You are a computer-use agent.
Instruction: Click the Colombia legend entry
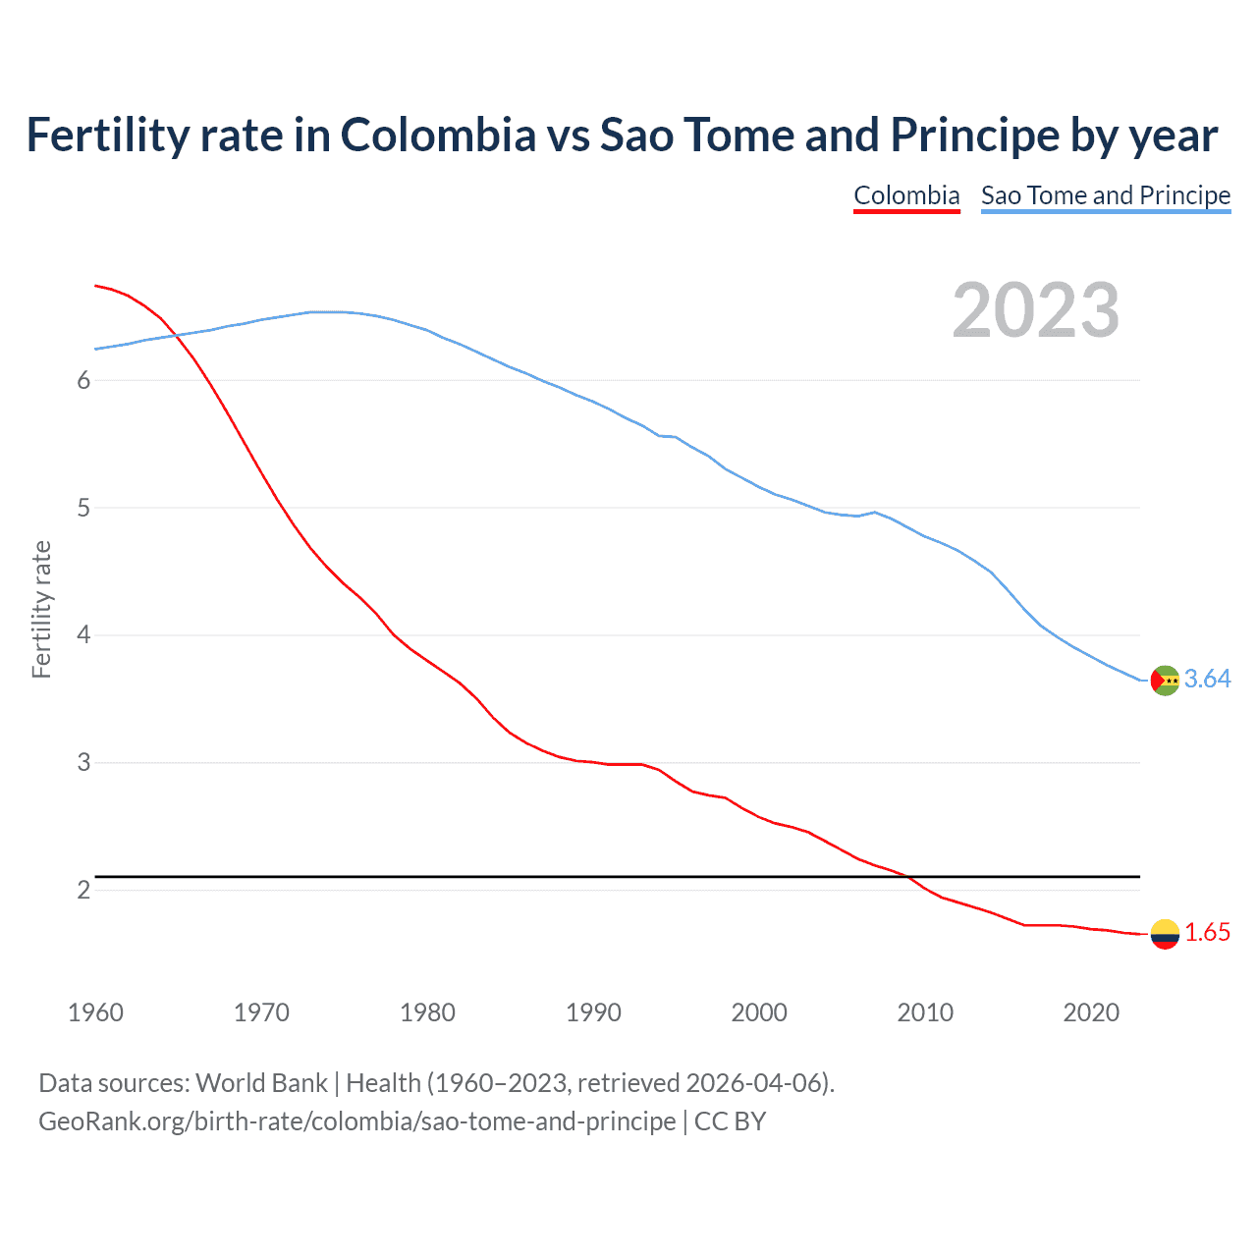[906, 195]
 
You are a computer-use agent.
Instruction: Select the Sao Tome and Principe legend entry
[1106, 195]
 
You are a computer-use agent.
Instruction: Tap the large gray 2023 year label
[1036, 310]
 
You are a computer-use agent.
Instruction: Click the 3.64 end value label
[1207, 679]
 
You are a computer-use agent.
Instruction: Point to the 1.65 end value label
[1207, 932]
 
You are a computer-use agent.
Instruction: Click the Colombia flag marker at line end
[1165, 934]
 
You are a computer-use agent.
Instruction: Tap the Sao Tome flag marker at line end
[1165, 680]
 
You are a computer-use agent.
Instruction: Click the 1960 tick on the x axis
[95, 1012]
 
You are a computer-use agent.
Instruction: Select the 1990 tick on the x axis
[593, 1012]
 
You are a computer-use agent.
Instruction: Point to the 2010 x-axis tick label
[925, 1012]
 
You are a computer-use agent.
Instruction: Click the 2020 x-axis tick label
[1091, 1012]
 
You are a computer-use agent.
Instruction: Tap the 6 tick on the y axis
[83, 381]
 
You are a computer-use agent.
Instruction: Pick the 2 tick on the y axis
[83, 890]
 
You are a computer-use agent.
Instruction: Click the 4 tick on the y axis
[83, 635]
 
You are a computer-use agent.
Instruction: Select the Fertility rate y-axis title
[41, 609]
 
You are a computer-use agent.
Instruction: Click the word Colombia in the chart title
[438, 135]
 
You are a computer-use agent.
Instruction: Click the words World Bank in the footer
[261, 1083]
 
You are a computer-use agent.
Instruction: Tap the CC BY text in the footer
[730, 1121]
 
